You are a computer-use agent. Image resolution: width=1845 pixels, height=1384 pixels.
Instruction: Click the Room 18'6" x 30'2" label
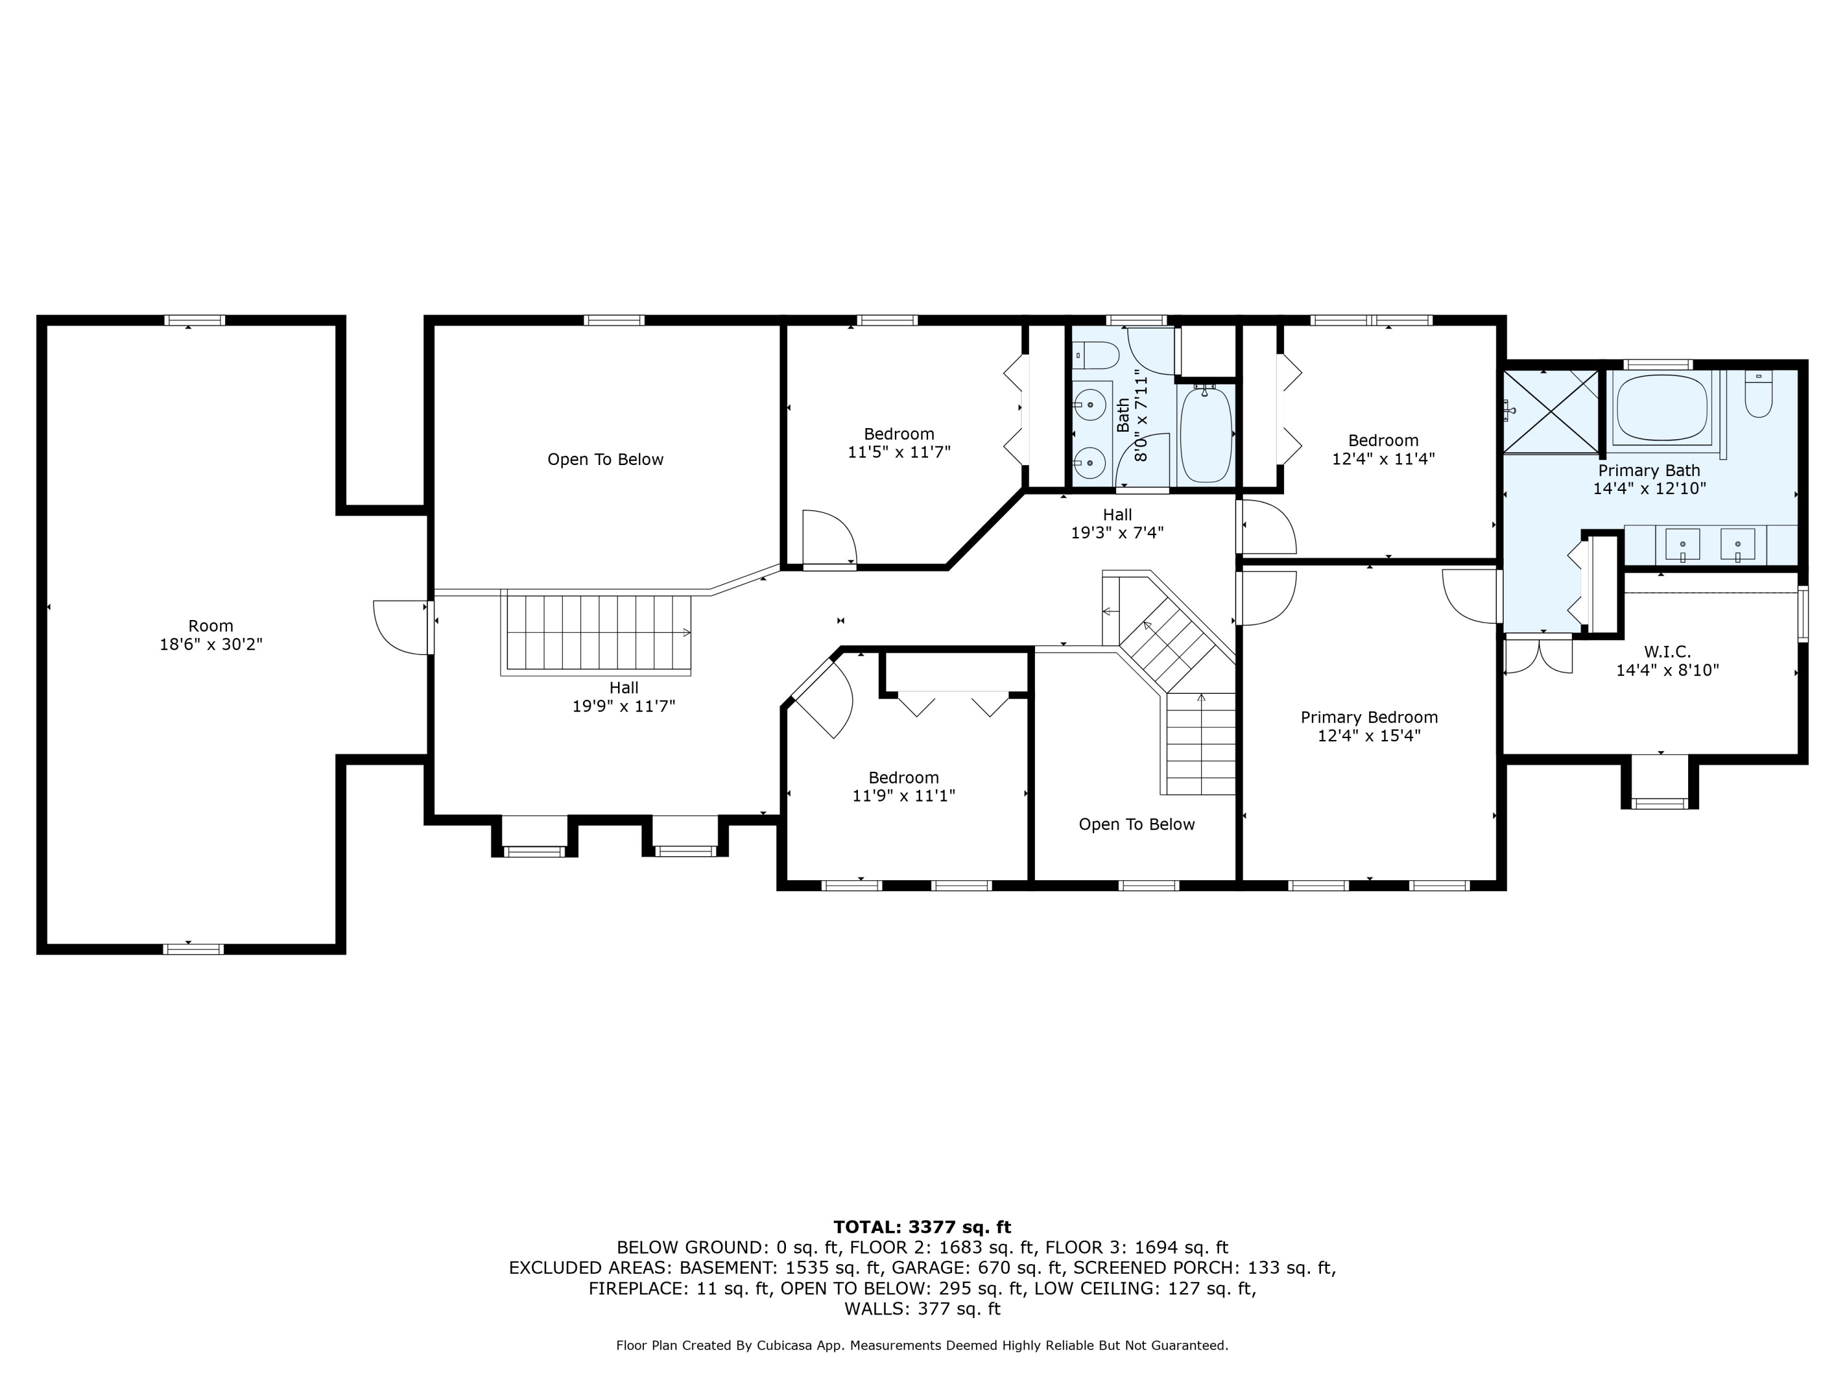[x=211, y=635]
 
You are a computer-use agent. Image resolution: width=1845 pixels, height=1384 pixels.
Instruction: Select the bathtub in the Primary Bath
[x=1663, y=410]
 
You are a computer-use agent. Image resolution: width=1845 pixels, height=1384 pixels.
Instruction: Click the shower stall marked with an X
[x=1550, y=412]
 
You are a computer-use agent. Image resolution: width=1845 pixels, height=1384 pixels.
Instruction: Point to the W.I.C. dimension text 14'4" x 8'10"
[x=1667, y=670]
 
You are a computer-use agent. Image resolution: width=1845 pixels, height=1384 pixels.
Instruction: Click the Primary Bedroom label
[x=1369, y=717]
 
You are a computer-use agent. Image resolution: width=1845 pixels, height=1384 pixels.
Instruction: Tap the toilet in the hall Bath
[x=1096, y=356]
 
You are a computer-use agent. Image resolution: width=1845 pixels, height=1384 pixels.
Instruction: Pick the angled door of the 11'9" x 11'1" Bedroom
[x=822, y=698]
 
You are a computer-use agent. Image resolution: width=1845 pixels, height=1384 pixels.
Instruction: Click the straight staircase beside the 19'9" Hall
[x=597, y=632]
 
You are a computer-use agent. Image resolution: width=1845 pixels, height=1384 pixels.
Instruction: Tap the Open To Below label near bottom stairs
[x=1136, y=824]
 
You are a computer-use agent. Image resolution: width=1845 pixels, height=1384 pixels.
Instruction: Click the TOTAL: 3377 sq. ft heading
[x=922, y=1227]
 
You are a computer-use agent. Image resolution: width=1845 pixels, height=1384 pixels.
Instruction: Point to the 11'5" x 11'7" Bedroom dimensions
[x=899, y=452]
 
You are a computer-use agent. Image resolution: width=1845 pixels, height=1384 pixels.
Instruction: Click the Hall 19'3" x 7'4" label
[x=1117, y=523]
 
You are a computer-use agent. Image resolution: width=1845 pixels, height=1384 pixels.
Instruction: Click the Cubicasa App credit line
[x=922, y=1345]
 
